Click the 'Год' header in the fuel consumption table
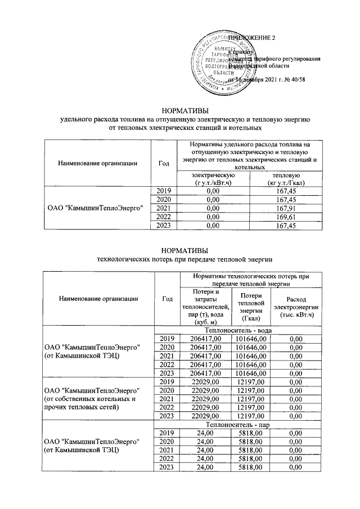point(164,163)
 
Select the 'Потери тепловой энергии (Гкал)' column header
point(250,307)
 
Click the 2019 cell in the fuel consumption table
point(164,192)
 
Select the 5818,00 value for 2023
point(251,467)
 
